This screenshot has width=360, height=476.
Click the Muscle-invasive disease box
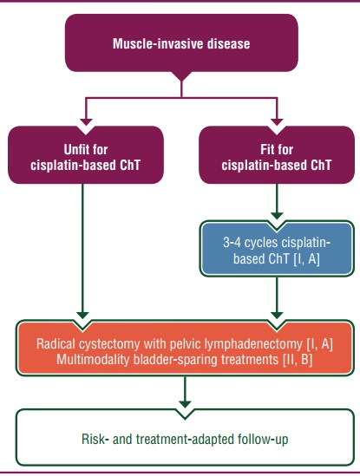(181, 42)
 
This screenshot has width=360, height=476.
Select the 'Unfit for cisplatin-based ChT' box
(86, 155)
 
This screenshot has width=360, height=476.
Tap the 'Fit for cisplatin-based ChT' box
(277, 155)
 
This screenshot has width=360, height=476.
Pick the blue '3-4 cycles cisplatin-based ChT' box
(277, 249)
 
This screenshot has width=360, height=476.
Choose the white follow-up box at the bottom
(185, 437)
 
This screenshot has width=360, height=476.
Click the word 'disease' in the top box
(228, 43)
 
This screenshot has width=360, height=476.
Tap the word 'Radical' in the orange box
(56, 344)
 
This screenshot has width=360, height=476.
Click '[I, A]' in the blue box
(307, 259)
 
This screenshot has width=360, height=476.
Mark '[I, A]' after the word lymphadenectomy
(319, 344)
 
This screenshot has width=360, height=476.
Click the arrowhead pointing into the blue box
(277, 216)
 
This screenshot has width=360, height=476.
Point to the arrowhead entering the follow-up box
(185, 404)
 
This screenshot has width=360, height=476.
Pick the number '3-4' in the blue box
(232, 243)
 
